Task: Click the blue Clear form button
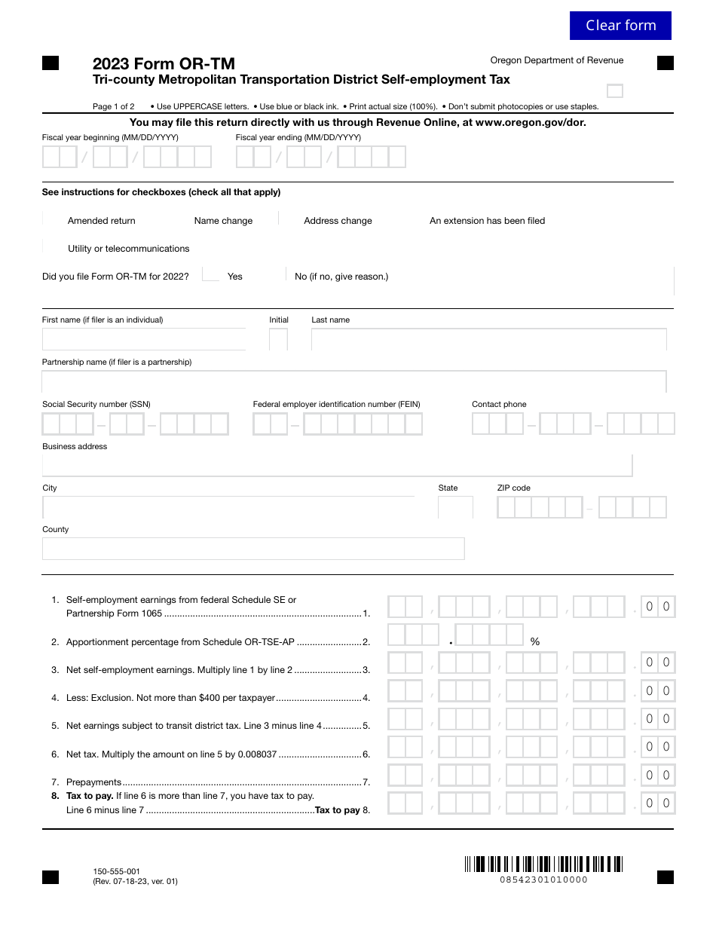(x=620, y=26)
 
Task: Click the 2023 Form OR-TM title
(x=164, y=64)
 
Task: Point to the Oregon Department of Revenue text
(x=556, y=60)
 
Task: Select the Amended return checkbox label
(x=102, y=221)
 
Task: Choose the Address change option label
(x=338, y=221)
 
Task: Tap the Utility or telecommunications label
(x=128, y=249)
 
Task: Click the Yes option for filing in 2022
(x=234, y=277)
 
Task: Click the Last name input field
(x=488, y=340)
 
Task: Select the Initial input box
(x=278, y=340)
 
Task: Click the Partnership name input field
(x=354, y=382)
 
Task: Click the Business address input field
(x=337, y=466)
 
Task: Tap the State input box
(x=455, y=507)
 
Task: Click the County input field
(x=253, y=549)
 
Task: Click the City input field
(x=228, y=507)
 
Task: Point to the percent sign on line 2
(x=535, y=642)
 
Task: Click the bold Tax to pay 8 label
(x=341, y=810)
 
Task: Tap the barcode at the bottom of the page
(x=543, y=864)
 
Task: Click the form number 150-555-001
(x=116, y=871)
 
